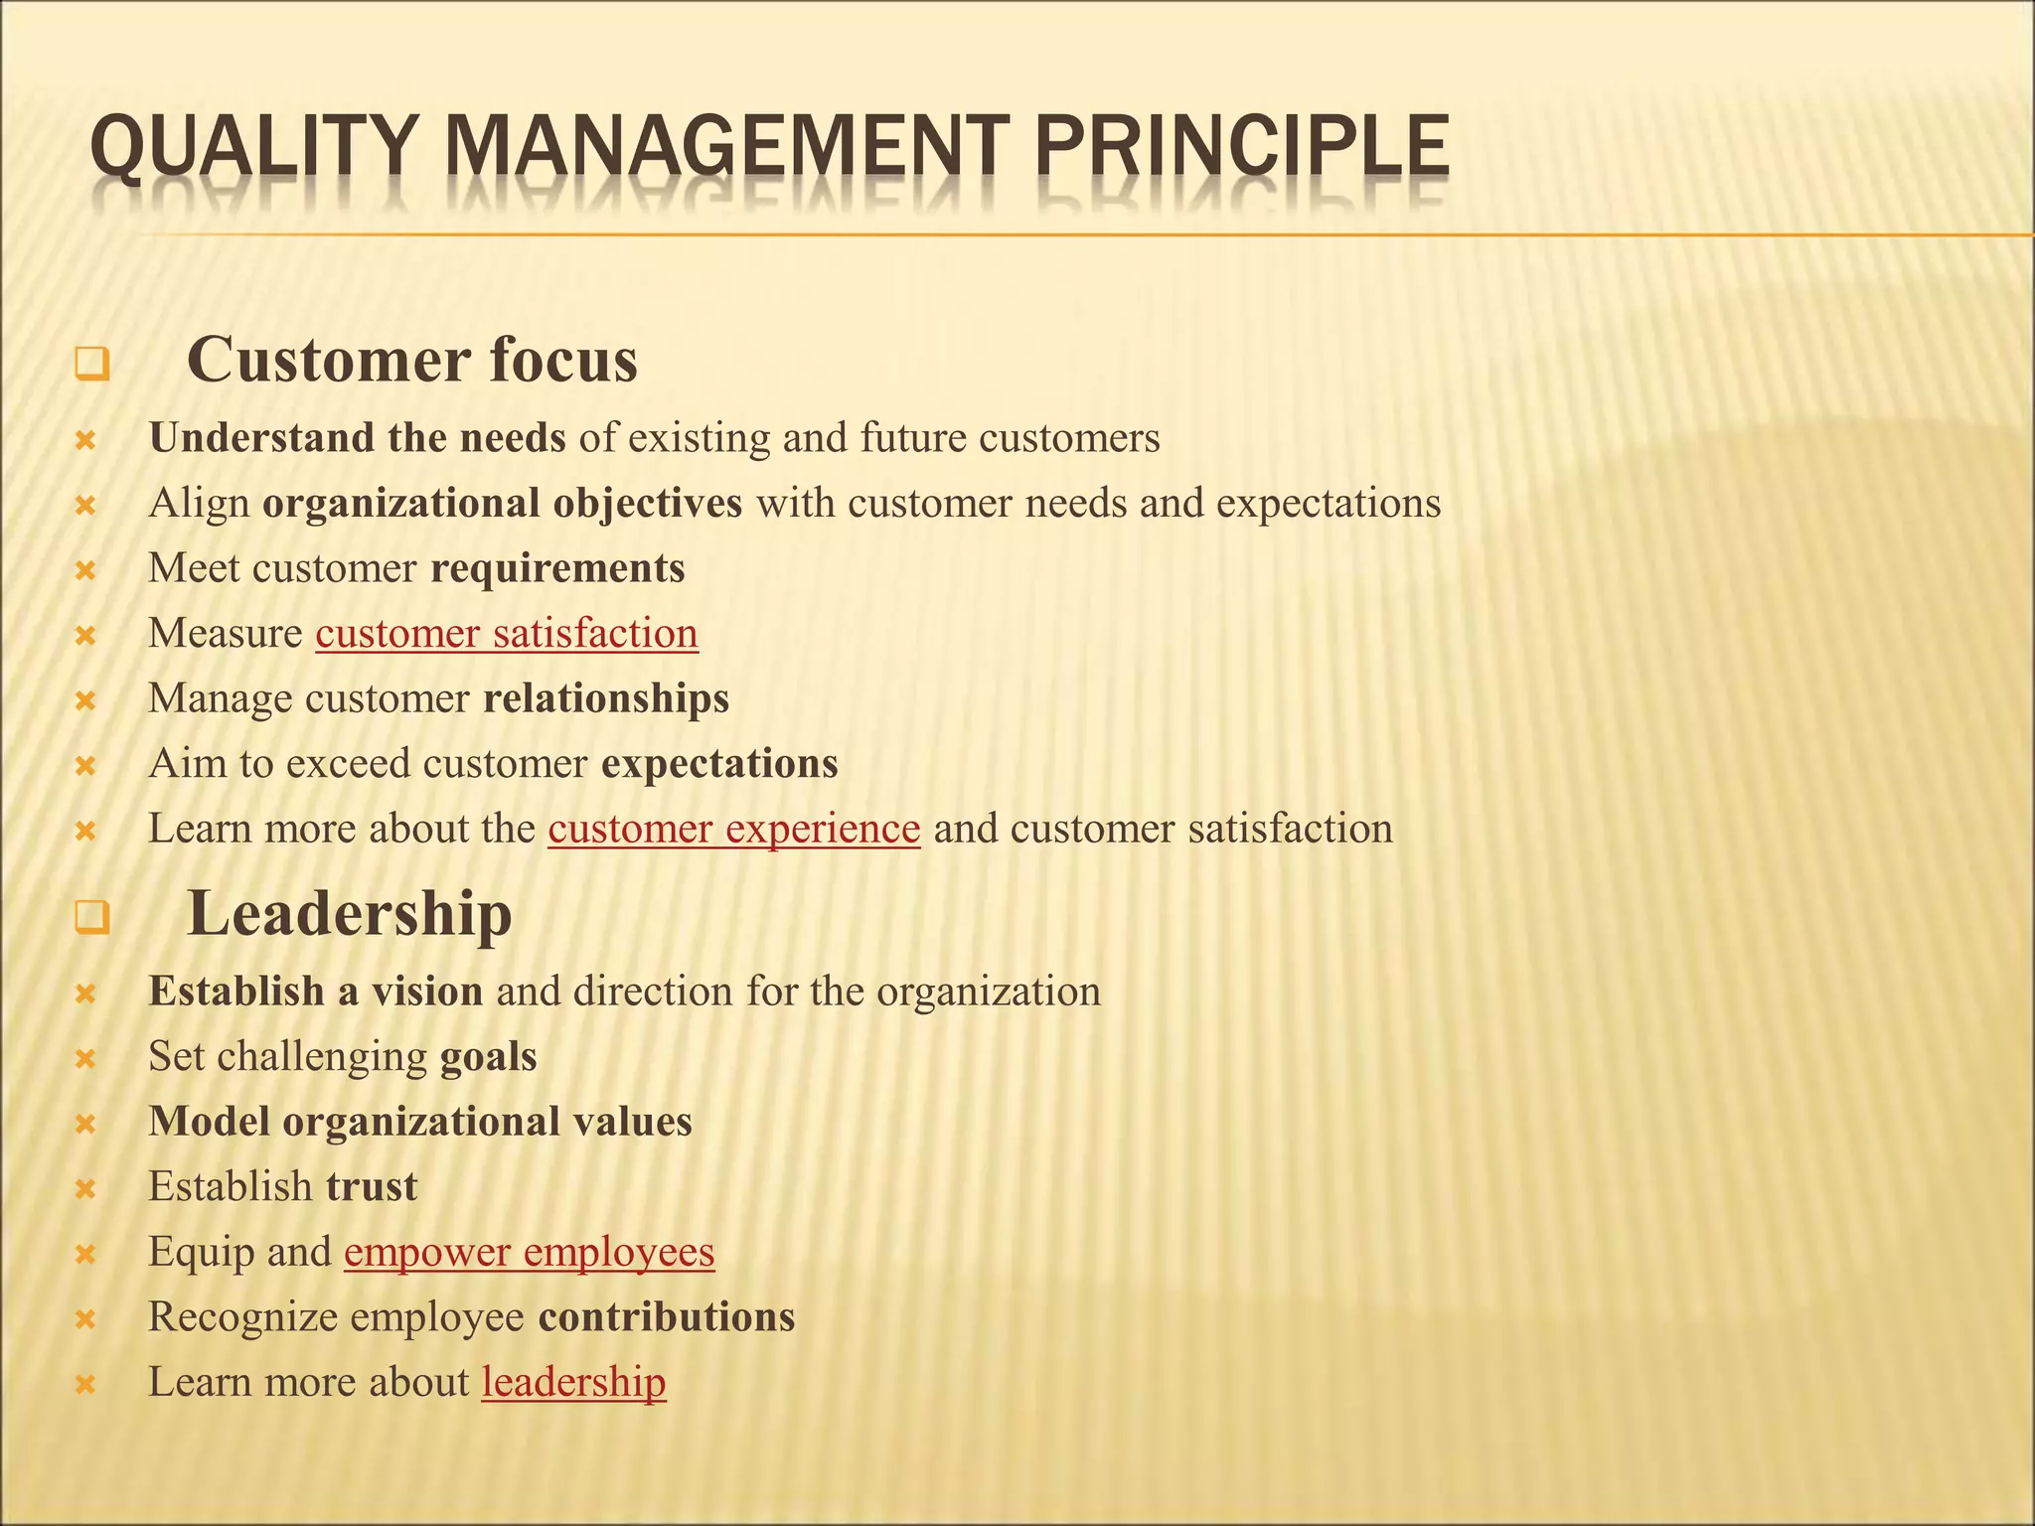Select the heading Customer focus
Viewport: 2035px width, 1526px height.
411,360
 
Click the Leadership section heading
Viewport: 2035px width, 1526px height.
349,913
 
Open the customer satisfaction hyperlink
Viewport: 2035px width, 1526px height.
507,634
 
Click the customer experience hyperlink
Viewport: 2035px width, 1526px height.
733,829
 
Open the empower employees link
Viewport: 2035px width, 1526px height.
529,1252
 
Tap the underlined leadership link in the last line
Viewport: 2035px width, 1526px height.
573,1382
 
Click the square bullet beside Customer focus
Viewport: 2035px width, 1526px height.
90,365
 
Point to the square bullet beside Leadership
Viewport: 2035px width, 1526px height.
90,918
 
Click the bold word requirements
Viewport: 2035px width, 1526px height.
557,568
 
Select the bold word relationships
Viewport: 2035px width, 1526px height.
605,698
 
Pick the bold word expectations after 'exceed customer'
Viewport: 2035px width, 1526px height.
719,764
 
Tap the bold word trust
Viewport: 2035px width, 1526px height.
372,1186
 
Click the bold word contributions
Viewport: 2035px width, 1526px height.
666,1316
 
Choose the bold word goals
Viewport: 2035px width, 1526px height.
488,1056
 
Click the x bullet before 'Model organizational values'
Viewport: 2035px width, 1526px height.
85,1125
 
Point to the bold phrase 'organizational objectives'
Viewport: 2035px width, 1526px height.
502,504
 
